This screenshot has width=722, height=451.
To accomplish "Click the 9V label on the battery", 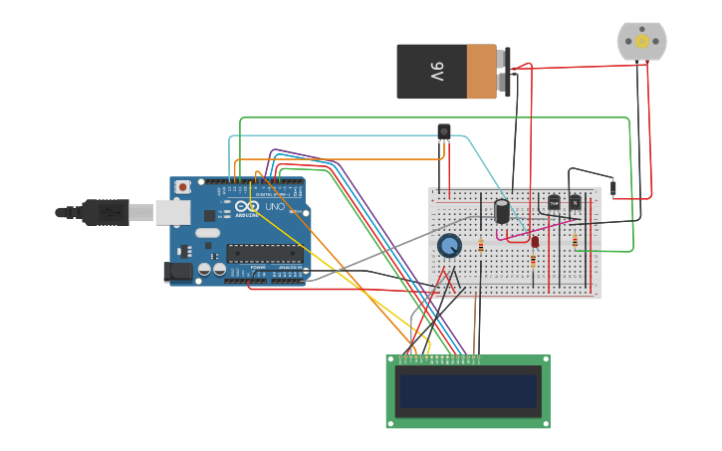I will pyautogui.click(x=436, y=72).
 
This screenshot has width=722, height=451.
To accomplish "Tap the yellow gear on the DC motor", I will pyautogui.click(x=641, y=41).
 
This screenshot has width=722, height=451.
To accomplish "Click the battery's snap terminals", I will pyautogui.click(x=505, y=72).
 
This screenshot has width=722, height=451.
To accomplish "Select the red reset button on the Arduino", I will pyautogui.click(x=182, y=186).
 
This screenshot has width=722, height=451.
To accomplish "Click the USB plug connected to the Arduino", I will pyautogui.click(x=105, y=212).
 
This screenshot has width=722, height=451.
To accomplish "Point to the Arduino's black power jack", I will pyautogui.click(x=178, y=271).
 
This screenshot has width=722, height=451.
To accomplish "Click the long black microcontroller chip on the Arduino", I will pyautogui.click(x=264, y=253).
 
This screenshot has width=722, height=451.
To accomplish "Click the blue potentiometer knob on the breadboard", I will pyautogui.click(x=449, y=245).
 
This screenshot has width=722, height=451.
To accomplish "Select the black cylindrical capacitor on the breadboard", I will pyautogui.click(x=502, y=210).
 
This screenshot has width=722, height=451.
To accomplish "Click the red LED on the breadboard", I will pyautogui.click(x=535, y=241).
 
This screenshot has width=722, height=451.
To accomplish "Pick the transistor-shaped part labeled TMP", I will pyautogui.click(x=554, y=202).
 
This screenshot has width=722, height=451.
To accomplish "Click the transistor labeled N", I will pyautogui.click(x=575, y=202).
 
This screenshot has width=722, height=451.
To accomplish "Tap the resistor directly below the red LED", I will pyautogui.click(x=533, y=261).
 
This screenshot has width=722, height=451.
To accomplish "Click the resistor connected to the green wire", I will pyautogui.click(x=575, y=241).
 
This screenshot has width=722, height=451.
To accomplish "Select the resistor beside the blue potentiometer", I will pyautogui.click(x=481, y=245).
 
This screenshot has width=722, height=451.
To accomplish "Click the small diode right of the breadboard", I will pyautogui.click(x=613, y=186).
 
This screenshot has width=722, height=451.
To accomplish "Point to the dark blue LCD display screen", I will pyautogui.click(x=468, y=391).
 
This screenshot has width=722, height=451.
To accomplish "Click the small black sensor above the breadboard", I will pyautogui.click(x=444, y=130).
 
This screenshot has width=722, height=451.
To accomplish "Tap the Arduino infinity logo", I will pyautogui.click(x=247, y=206).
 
